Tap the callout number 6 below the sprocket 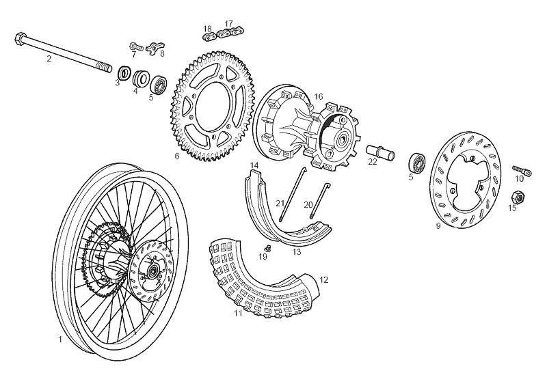[x=177, y=156]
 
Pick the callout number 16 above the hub [x=318, y=97]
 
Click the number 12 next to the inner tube [x=324, y=279]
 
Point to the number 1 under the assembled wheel [x=60, y=338]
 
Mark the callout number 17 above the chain [x=228, y=23]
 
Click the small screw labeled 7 [x=135, y=47]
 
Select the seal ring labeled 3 [x=125, y=72]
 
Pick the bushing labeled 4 [x=142, y=79]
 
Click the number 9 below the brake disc [x=438, y=225]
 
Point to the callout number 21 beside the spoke [x=280, y=204]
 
